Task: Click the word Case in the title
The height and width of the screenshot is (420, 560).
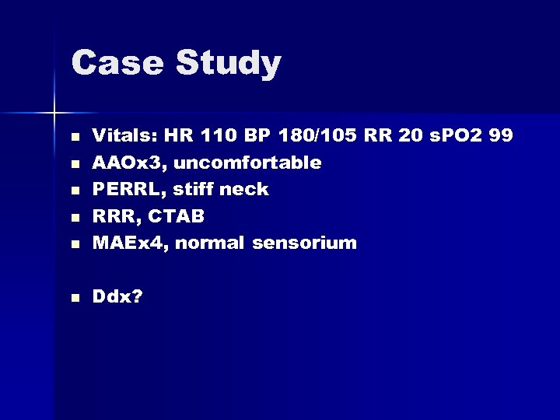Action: coord(117,64)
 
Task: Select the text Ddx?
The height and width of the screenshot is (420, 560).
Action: coord(117,296)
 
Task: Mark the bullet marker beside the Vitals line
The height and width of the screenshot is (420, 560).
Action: coord(75,137)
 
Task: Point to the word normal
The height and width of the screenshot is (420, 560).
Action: coord(212,243)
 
